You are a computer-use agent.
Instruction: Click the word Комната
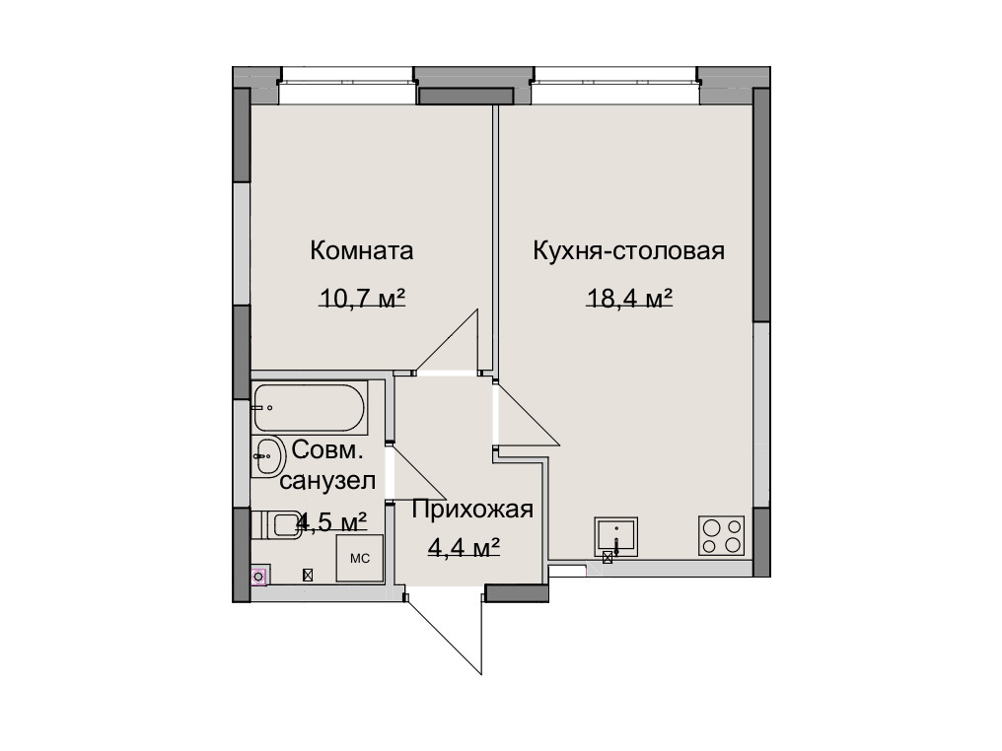click(362, 250)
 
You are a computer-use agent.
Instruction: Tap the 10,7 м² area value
click(362, 298)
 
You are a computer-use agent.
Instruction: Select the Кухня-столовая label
click(629, 251)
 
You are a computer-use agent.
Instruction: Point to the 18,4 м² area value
click(629, 298)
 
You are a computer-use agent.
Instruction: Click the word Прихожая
click(472, 510)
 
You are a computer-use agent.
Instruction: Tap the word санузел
click(327, 480)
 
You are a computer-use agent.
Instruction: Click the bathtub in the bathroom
click(310, 407)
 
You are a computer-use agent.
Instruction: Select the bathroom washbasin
click(268, 455)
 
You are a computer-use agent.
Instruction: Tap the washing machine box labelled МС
click(360, 558)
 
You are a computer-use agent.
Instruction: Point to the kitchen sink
click(616, 536)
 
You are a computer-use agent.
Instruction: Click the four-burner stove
click(722, 535)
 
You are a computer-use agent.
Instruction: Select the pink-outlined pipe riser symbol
click(258, 578)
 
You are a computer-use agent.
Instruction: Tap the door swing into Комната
click(448, 341)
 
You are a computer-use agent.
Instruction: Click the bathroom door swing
click(418, 471)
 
